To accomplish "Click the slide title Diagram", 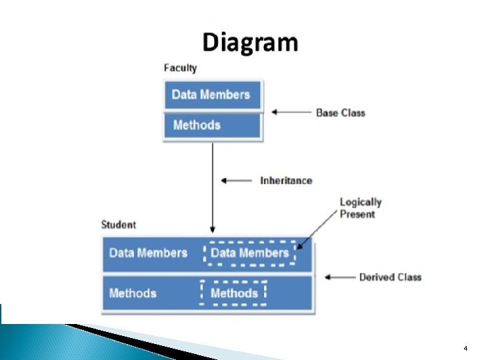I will click(x=250, y=43).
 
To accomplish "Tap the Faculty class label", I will click(x=180, y=68).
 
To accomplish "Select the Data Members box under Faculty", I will click(x=211, y=95).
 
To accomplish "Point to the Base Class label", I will click(x=340, y=113).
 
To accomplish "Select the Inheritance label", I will click(x=286, y=180).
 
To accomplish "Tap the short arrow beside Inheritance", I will click(x=236, y=180).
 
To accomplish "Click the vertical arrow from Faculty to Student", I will click(x=213, y=187).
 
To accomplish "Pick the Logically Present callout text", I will click(x=361, y=208).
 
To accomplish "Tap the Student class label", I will click(x=118, y=225).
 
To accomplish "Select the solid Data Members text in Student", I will click(x=148, y=253).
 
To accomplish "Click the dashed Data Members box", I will click(x=249, y=253).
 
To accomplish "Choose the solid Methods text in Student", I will click(x=133, y=293).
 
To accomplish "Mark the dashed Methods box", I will click(x=233, y=293).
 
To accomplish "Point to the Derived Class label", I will click(x=390, y=277).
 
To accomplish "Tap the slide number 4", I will click(x=466, y=348).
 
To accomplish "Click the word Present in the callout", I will click(x=357, y=214).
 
